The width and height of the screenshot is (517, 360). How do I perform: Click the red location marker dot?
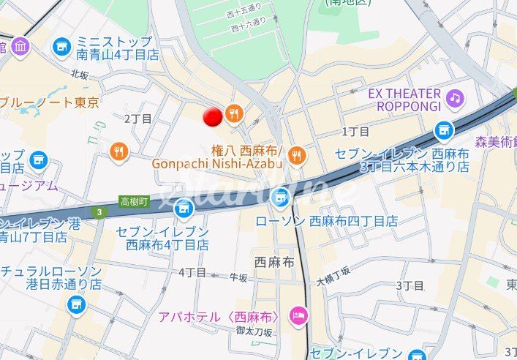(213, 116)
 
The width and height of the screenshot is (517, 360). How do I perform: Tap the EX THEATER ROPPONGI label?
(410, 100)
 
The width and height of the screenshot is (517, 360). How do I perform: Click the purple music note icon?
(456, 97)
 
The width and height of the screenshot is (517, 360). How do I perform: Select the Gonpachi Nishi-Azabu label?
(217, 163)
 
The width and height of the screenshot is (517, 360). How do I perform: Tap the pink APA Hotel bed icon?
(298, 316)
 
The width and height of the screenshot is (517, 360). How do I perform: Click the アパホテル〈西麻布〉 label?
(219, 317)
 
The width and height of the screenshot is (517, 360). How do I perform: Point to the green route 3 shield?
(98, 212)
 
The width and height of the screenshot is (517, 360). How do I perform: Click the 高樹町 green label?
(135, 201)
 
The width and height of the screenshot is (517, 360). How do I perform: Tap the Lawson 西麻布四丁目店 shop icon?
(281, 198)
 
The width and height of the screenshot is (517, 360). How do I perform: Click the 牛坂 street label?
(238, 277)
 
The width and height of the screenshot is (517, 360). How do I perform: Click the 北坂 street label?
(80, 74)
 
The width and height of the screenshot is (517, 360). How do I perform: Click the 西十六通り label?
(248, 27)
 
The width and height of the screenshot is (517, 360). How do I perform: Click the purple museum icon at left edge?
(20, 48)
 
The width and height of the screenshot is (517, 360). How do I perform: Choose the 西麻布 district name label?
(274, 261)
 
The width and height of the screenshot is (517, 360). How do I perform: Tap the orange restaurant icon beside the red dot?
(234, 113)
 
